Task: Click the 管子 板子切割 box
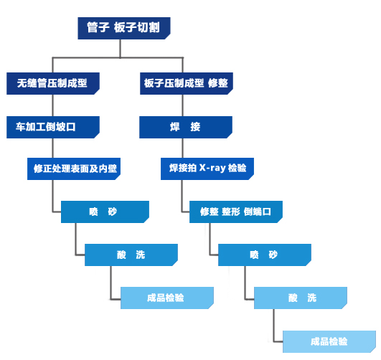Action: (123, 28)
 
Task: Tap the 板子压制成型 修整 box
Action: (185, 83)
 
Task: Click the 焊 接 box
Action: (185, 127)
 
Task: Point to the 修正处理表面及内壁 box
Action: (75, 169)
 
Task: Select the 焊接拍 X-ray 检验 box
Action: (207, 169)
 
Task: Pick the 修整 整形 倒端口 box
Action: (236, 212)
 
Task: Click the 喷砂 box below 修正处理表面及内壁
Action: (105, 212)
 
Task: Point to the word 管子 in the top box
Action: (98, 28)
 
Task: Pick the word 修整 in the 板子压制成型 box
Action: (217, 83)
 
